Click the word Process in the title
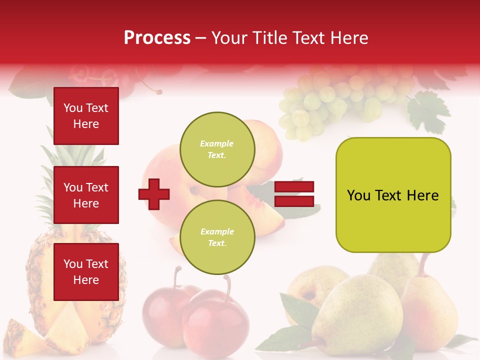click(x=157, y=37)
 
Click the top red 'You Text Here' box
click(x=86, y=116)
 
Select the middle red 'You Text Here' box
click(x=86, y=195)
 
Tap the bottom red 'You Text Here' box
click(x=86, y=272)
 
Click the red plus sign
click(x=154, y=194)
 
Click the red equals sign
click(x=294, y=194)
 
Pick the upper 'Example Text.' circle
click(x=217, y=149)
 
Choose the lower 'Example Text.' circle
click(x=217, y=237)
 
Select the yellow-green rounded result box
click(x=393, y=195)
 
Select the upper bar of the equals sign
click(x=294, y=187)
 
